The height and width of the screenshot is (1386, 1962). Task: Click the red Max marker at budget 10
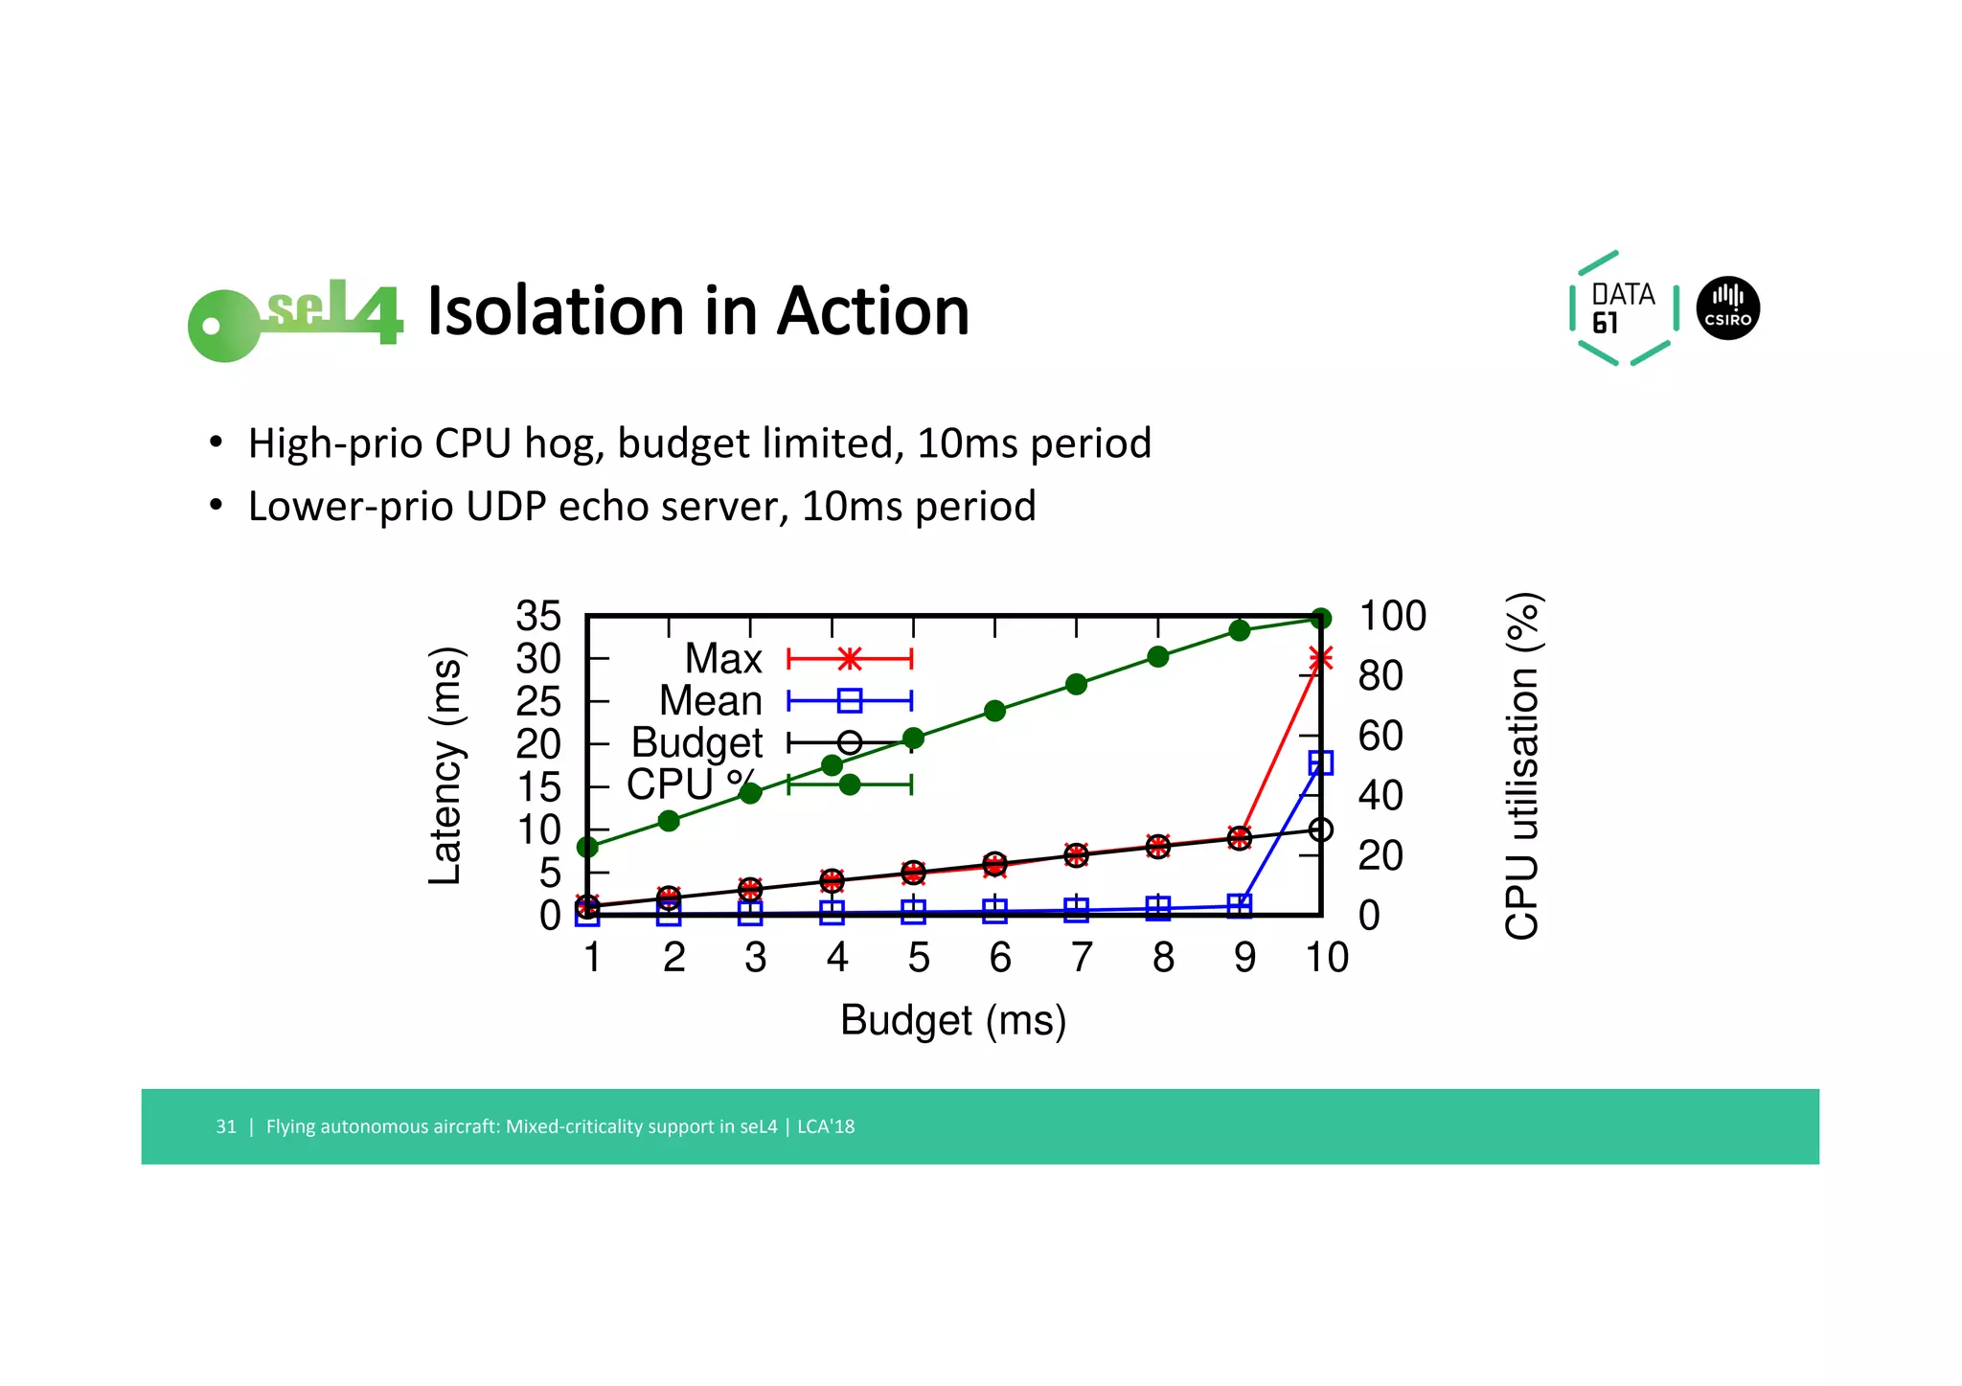[x=1320, y=658]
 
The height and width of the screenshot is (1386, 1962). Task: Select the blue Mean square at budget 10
[x=1320, y=762]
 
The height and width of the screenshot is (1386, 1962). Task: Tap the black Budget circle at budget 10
[x=1320, y=829]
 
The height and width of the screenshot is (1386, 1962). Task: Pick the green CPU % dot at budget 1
[x=587, y=847]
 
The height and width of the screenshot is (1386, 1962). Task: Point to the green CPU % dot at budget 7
[x=1076, y=684]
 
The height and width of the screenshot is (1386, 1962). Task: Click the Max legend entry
[x=723, y=659]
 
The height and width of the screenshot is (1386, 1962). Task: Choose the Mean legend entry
[x=711, y=701]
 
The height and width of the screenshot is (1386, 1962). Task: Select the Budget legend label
[x=696, y=742]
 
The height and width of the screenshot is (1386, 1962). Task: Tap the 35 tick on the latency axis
[x=537, y=616]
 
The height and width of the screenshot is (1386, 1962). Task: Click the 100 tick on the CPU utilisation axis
[x=1392, y=616]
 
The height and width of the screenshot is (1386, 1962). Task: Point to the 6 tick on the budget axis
[x=999, y=957]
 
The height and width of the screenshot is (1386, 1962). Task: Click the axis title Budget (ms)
[x=952, y=1020]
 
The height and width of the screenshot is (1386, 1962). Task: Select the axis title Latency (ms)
[x=445, y=765]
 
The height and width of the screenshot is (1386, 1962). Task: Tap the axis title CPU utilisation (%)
[x=1521, y=765]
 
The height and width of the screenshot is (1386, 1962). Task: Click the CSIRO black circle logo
[x=1727, y=308]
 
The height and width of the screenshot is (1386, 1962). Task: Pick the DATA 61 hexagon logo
[x=1623, y=308]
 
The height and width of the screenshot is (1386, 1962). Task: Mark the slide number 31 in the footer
[x=226, y=1126]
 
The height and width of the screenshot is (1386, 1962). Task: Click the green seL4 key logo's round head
[x=222, y=326]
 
